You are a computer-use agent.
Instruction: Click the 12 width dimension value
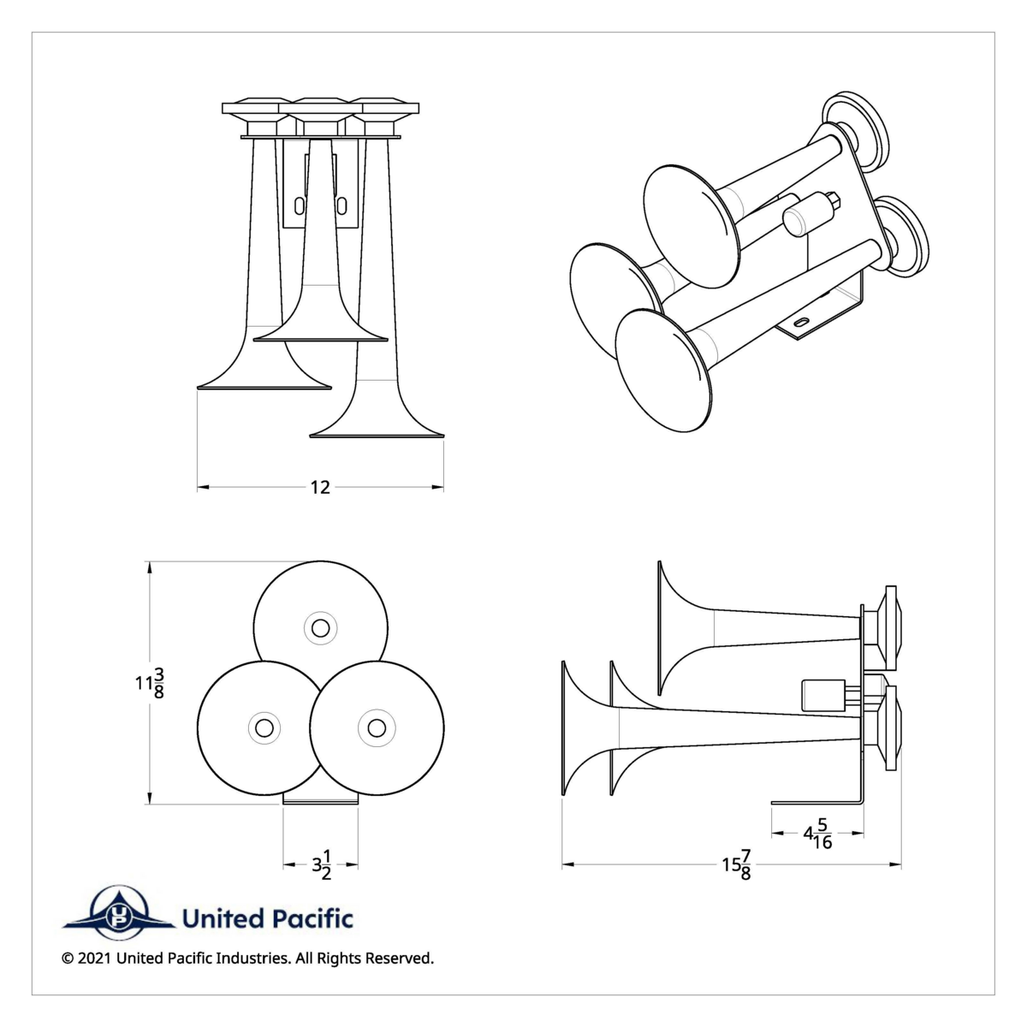click(320, 488)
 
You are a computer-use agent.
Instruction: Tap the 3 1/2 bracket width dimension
click(322, 865)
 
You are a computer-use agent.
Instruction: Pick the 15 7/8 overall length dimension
click(737, 865)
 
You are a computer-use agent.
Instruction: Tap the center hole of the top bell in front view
click(321, 628)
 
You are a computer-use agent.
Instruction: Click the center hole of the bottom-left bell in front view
click(264, 727)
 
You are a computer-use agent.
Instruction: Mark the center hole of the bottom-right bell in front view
click(376, 727)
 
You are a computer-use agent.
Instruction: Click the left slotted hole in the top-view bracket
click(298, 206)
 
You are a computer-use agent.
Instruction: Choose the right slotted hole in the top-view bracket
click(341, 206)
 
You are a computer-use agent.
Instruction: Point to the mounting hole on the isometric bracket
click(802, 322)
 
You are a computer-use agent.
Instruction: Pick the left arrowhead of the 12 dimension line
click(203, 488)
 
